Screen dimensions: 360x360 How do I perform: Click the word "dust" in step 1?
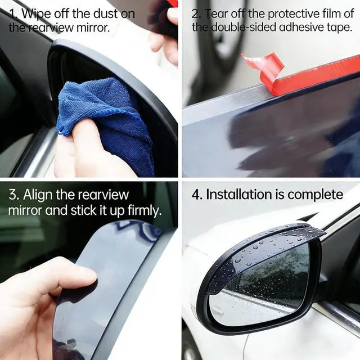tap(102, 13)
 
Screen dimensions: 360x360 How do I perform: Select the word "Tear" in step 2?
tap(215, 13)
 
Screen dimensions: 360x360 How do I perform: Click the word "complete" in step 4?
tap(315, 195)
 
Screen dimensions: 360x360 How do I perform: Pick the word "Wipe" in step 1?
tap(36, 14)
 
